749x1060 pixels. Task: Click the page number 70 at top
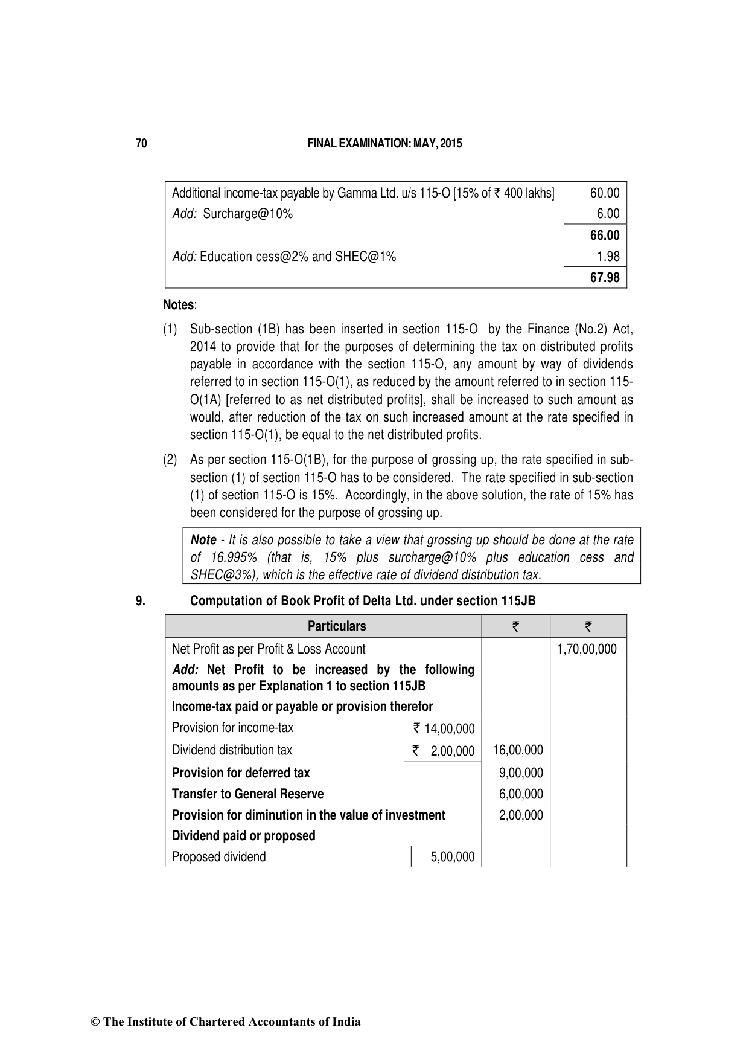click(141, 144)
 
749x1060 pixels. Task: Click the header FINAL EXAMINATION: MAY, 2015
click(384, 144)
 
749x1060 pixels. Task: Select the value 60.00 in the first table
click(605, 193)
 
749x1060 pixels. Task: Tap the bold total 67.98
click(605, 278)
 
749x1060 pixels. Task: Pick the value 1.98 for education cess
click(608, 257)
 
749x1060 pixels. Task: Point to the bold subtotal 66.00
click(605, 236)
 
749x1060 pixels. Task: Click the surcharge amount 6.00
click(608, 214)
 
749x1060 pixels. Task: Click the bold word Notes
click(179, 305)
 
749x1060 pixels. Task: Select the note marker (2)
click(170, 460)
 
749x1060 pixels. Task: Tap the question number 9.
click(140, 602)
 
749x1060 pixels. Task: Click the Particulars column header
click(337, 626)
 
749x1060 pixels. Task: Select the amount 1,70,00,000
click(587, 649)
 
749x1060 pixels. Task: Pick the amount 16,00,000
click(518, 750)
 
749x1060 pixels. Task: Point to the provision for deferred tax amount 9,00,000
click(521, 773)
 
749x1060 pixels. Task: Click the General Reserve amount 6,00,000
click(521, 794)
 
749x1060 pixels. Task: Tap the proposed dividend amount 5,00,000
click(453, 857)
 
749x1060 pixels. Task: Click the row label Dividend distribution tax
click(232, 750)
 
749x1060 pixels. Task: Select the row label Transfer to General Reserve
click(247, 794)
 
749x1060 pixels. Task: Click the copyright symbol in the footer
click(95, 1022)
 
